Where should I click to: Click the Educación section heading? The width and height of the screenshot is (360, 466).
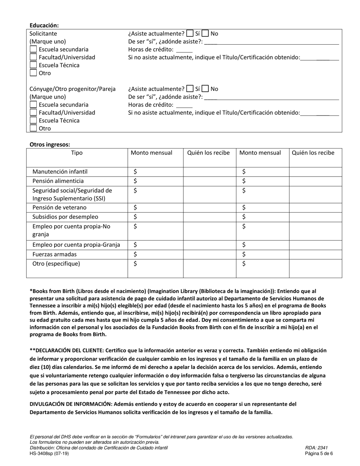44,25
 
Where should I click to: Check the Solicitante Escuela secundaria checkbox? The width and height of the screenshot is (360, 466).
33,49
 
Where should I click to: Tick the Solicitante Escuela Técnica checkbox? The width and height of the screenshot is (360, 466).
33,65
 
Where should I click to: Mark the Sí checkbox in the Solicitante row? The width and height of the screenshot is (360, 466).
190,33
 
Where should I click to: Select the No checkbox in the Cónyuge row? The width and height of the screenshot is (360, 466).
205,89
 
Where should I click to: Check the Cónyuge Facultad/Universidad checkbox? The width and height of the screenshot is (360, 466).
33,113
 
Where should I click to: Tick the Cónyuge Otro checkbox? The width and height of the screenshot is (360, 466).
33,128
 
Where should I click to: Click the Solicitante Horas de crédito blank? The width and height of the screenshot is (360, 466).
184,50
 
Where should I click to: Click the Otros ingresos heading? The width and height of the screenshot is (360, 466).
50,144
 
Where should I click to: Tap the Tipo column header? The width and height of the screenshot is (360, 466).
77,153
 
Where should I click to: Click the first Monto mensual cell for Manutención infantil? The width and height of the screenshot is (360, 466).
155,172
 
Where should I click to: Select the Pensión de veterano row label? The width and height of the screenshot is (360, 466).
59,208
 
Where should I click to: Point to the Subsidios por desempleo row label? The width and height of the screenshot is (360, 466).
65,217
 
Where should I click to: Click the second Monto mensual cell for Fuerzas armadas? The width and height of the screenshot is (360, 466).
263,255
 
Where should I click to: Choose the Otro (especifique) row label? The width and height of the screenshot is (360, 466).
56,264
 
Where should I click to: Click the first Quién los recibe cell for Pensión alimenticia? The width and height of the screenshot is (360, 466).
210,181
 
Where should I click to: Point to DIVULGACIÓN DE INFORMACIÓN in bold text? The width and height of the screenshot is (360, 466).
70,404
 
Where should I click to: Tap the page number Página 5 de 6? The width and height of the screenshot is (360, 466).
319,453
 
